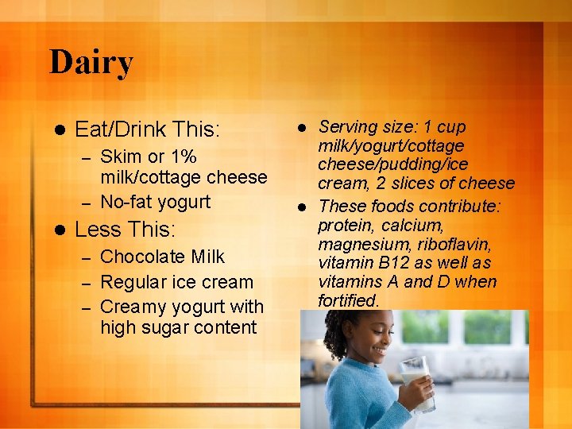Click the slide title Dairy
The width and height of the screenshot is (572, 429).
coord(91,62)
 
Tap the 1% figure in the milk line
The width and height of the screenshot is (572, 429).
coord(182,156)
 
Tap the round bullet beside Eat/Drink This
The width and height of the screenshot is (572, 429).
coord(55,129)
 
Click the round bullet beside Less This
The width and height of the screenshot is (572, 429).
coord(55,230)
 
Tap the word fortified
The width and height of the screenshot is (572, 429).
coord(348,301)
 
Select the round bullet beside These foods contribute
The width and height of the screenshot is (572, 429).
coord(302,207)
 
